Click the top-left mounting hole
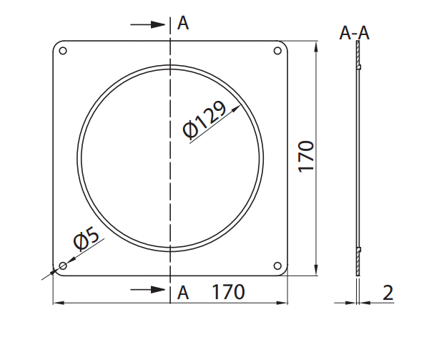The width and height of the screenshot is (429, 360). coord(63,51)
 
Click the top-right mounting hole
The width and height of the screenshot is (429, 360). coord(277,51)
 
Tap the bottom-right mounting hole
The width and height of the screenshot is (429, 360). coord(277,266)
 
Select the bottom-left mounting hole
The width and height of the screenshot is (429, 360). coord(63,266)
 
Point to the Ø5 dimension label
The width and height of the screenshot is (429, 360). coord(86,239)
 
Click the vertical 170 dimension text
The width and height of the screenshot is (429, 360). coord(306,157)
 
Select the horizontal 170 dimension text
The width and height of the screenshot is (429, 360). coord(229,292)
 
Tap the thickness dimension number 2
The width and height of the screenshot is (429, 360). coord(388,293)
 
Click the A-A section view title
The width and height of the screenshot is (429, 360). coord(355,33)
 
